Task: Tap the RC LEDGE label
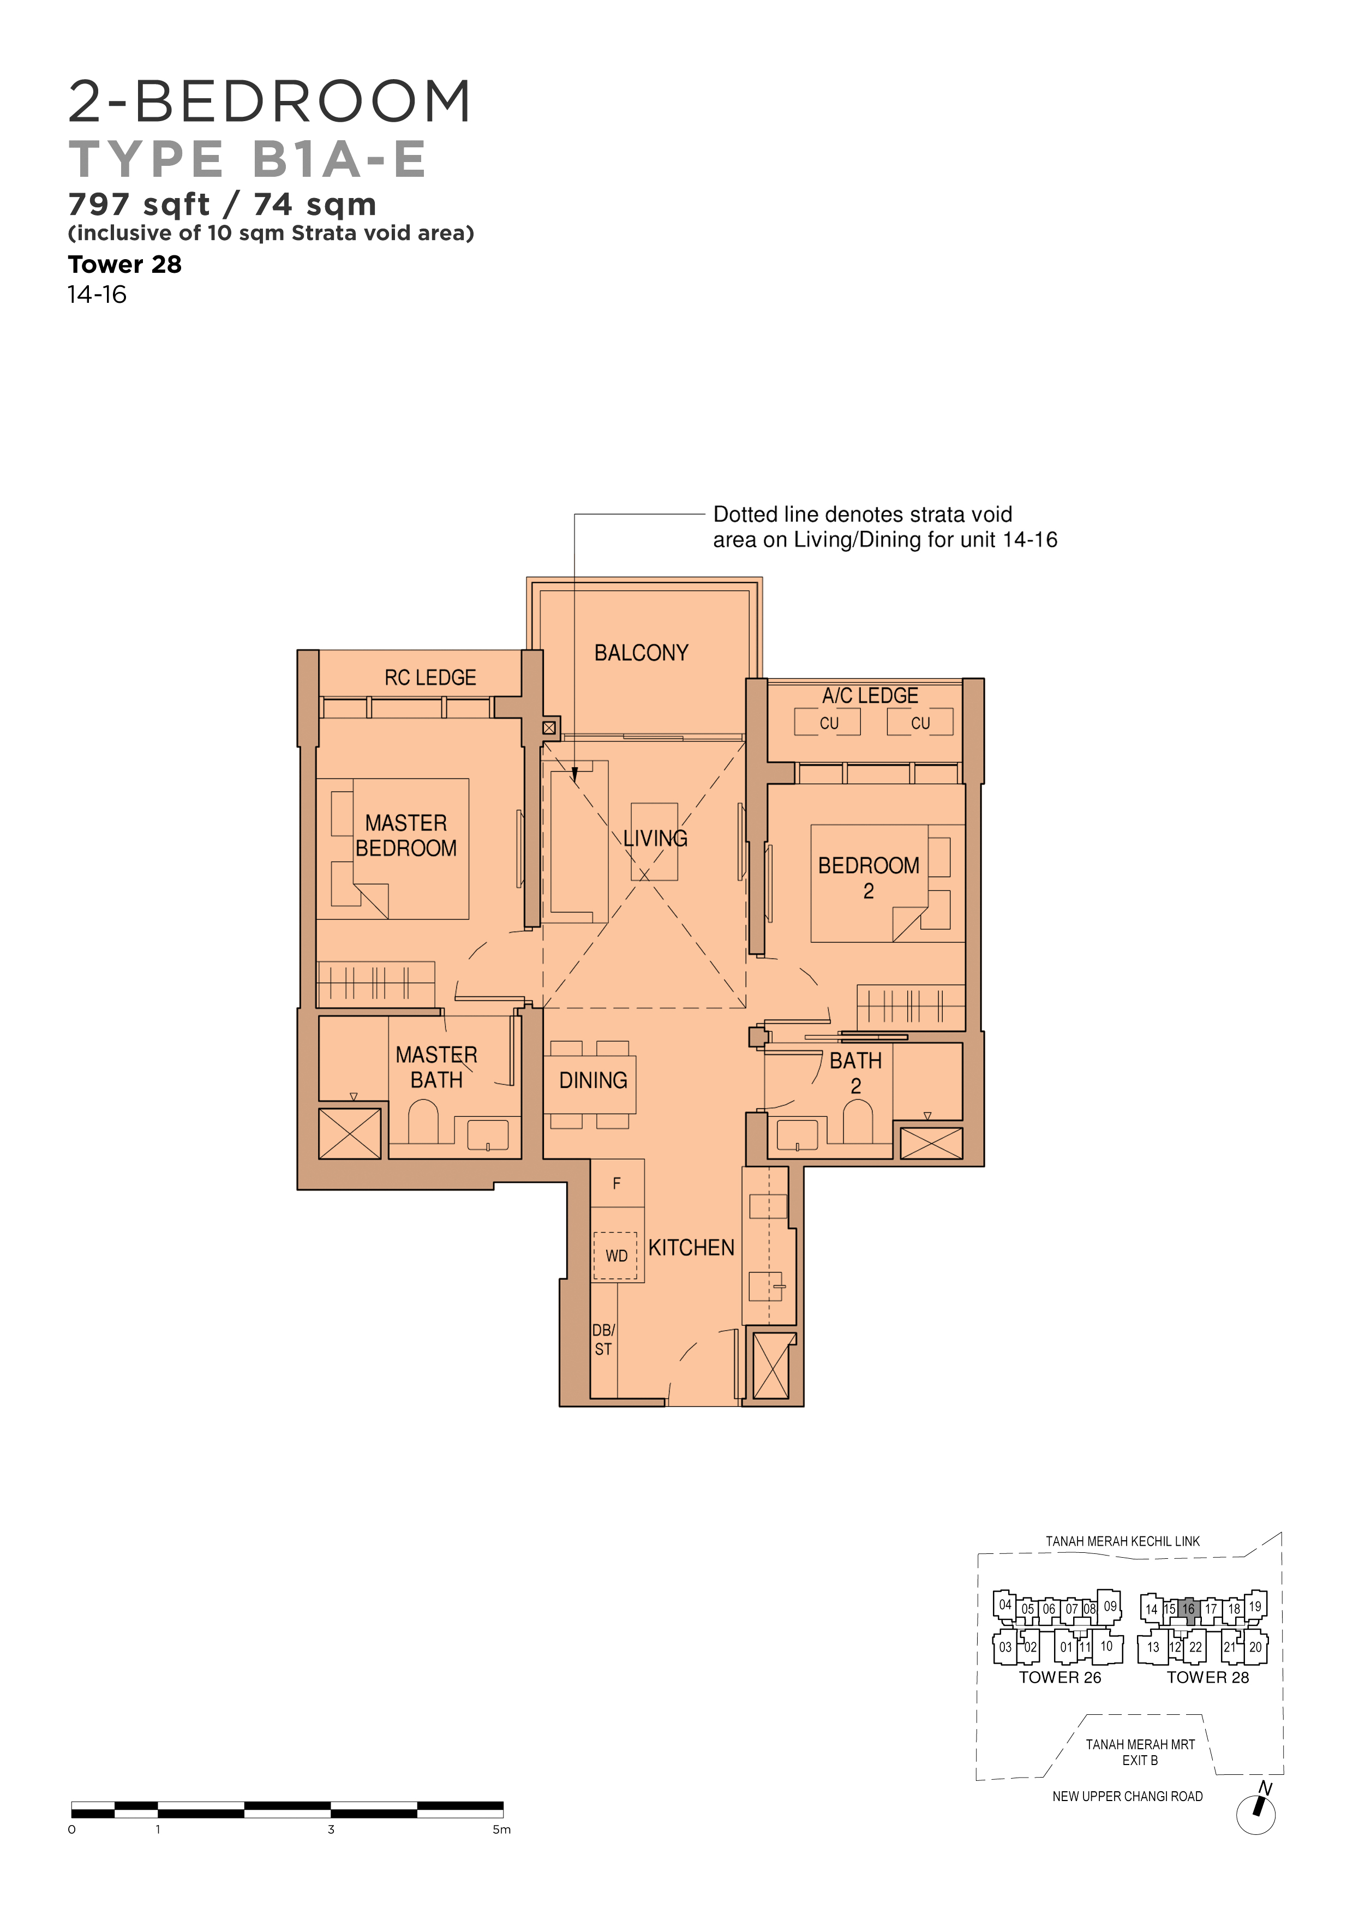(x=430, y=678)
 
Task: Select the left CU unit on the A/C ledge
(x=828, y=722)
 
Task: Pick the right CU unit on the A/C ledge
(x=919, y=722)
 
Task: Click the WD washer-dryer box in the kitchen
(x=615, y=1255)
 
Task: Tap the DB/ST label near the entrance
(x=603, y=1339)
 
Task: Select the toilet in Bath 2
(x=858, y=1121)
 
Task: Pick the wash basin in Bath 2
(x=798, y=1134)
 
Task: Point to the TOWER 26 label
(x=1059, y=1677)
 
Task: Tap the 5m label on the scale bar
(x=501, y=1830)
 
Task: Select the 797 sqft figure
(x=139, y=204)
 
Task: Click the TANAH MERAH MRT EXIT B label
(x=1140, y=1752)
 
